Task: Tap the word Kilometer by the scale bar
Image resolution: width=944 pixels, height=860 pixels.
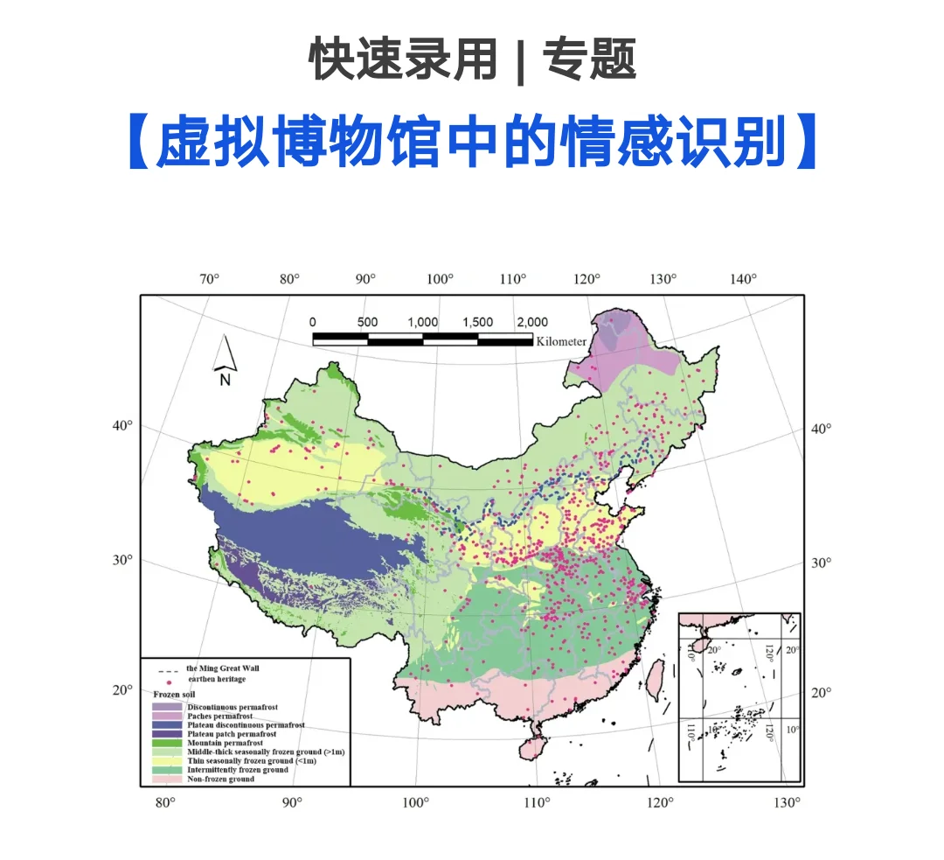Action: [x=561, y=341]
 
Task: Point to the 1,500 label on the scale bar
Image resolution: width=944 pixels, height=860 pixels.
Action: [x=477, y=322]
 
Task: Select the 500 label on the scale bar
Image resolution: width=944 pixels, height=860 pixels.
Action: [x=367, y=322]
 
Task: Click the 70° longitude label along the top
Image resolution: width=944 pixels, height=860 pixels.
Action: [x=210, y=279]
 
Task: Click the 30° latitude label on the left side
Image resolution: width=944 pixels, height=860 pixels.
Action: [x=121, y=560]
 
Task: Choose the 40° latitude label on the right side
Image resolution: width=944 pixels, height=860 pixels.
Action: [x=822, y=429]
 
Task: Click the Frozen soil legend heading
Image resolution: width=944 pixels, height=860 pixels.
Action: [x=171, y=694]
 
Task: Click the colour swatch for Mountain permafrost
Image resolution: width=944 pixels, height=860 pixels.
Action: [x=167, y=744]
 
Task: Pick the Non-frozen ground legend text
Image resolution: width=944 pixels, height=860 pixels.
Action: [x=221, y=779]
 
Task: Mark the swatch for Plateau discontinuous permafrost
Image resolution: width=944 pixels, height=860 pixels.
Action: [x=167, y=725]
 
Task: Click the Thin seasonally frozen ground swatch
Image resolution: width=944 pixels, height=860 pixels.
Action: [x=167, y=761]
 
